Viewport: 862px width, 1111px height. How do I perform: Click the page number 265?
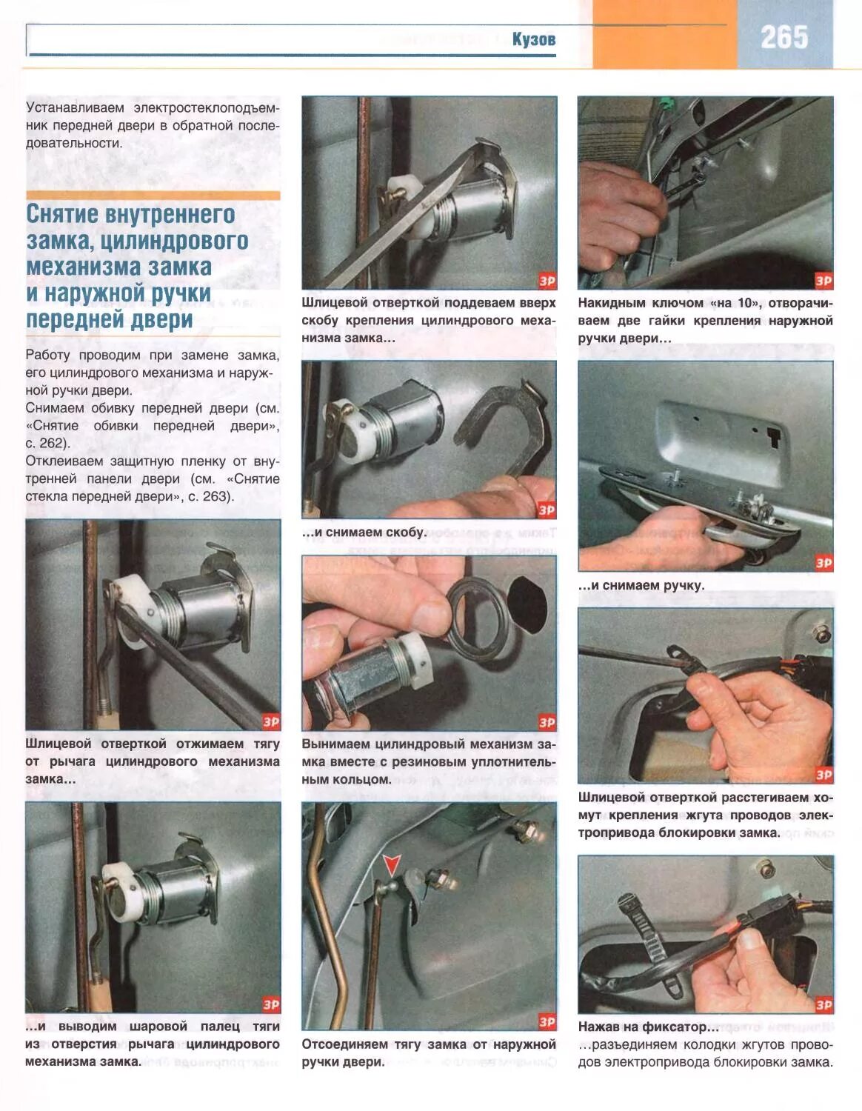point(784,37)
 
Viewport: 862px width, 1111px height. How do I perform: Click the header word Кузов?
point(534,39)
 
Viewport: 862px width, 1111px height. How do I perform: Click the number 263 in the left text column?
point(217,496)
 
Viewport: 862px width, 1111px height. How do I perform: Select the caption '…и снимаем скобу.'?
point(364,533)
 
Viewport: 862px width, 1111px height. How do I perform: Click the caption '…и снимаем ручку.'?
point(641,585)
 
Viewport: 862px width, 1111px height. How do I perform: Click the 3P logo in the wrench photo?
point(823,281)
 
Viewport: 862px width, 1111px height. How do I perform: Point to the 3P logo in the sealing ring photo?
point(547,722)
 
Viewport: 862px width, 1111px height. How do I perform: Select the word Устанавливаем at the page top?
point(75,108)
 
